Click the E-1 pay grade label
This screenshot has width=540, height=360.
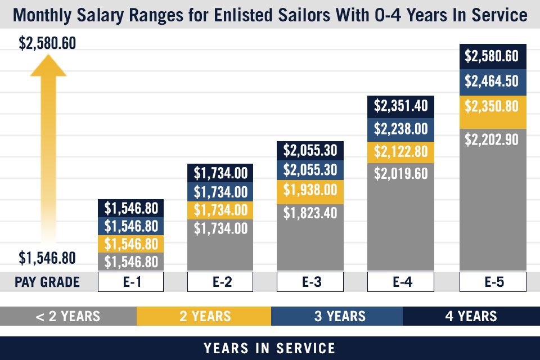click(x=130, y=282)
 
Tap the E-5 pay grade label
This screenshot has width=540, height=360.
click(x=493, y=282)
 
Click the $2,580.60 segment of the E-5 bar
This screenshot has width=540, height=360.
click(x=493, y=56)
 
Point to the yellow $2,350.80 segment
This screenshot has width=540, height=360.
click(x=493, y=106)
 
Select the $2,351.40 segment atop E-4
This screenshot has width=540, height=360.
click(x=400, y=105)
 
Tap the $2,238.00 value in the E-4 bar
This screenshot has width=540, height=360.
click(x=400, y=129)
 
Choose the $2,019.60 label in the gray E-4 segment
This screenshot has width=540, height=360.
click(x=400, y=173)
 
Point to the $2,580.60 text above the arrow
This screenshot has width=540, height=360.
click(x=48, y=43)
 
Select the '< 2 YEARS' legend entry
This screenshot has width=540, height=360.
click(x=68, y=316)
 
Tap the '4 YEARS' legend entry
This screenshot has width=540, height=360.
click(x=471, y=316)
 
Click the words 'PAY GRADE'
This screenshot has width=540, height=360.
click(x=47, y=282)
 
